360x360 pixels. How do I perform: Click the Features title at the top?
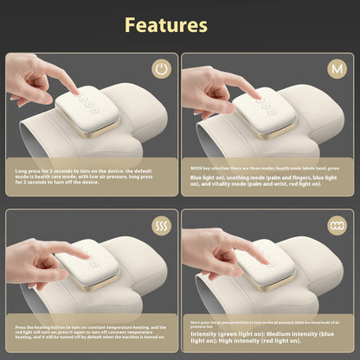(166, 24)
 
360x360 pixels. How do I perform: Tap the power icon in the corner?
(162, 68)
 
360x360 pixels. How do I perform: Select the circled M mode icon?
(335, 68)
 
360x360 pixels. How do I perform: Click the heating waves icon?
(162, 228)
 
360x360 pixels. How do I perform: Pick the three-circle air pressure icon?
(335, 227)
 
